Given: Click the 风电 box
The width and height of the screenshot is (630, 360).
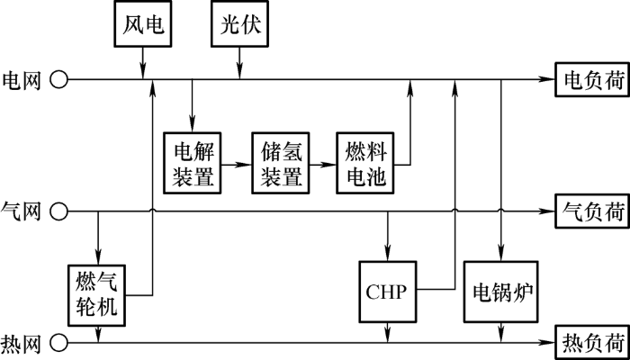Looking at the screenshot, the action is [143, 24].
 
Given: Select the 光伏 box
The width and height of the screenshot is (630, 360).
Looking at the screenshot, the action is [240, 24].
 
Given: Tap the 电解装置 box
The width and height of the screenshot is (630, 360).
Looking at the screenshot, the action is [193, 163].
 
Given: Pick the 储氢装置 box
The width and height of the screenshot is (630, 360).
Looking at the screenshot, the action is [281, 163].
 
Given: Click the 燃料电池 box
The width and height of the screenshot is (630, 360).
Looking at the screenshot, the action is [365, 163].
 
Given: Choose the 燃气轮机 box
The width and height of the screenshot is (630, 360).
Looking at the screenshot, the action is [97, 295].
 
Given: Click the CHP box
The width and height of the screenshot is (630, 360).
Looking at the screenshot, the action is [387, 292].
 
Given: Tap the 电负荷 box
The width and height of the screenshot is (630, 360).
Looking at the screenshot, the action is [592, 79].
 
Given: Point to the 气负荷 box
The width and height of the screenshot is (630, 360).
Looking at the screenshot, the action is [592, 211].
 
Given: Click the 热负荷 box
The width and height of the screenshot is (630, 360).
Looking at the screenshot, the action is [592, 343].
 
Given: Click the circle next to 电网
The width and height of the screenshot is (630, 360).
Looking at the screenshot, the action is [58, 79].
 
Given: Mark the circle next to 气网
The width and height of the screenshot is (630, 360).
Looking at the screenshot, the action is [58, 211].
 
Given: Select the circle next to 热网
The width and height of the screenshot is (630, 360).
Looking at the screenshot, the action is [58, 343].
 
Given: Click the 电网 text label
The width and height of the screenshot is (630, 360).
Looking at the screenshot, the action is [22, 80].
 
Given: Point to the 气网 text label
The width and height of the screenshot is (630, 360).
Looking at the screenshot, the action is [22, 211].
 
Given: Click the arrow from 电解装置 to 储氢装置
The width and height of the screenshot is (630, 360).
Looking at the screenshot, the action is [237, 165].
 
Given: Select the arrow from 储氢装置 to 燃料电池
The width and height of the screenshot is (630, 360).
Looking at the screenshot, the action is [323, 165].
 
